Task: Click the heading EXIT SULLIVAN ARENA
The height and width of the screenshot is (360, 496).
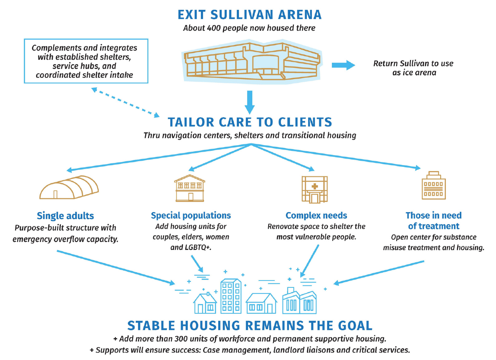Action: pos(250,14)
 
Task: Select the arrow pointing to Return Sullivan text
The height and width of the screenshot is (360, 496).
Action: pos(343,65)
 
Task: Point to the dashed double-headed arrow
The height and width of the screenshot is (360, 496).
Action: pos(125,102)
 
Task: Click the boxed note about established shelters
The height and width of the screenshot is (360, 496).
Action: pos(86,61)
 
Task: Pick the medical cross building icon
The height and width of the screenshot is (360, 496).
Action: pos(315,189)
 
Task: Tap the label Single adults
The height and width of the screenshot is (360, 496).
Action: pos(65,216)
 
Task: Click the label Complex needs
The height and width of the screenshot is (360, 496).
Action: pos(316,215)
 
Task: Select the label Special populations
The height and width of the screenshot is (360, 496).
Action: pos(191,215)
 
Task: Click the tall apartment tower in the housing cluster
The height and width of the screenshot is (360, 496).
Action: pos(231,296)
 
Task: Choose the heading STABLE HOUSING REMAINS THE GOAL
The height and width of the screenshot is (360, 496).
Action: pos(250,325)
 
